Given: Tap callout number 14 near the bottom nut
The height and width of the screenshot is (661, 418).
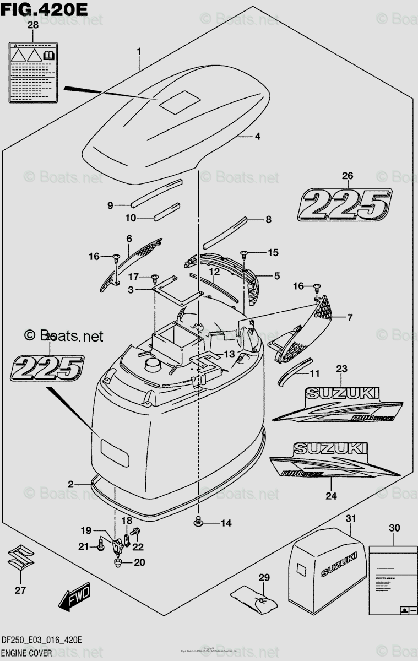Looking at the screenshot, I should pos(226,523).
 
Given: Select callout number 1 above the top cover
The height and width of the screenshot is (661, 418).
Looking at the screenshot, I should pos(139,52).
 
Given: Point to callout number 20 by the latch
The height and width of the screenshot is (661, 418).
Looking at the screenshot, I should pos(139,562).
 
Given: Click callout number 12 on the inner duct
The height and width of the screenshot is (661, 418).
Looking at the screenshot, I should pos(214,272).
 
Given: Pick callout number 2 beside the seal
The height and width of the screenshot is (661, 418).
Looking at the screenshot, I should pos(70,484).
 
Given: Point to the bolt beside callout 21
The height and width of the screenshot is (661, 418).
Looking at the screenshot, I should pos(101,546).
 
